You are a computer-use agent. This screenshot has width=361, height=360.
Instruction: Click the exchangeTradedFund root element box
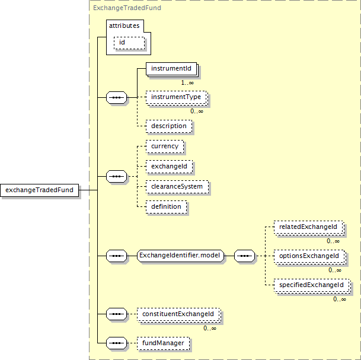click(x=39, y=190)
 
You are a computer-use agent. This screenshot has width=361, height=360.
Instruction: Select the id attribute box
click(x=129, y=43)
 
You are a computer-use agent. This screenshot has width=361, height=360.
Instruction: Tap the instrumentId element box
click(x=172, y=69)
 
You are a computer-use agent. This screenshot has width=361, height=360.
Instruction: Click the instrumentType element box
click(x=177, y=98)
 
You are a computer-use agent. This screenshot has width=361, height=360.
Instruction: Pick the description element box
click(x=169, y=126)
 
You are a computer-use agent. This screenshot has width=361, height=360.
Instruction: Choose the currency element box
click(x=165, y=146)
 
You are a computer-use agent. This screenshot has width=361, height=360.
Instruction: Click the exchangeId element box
click(x=169, y=167)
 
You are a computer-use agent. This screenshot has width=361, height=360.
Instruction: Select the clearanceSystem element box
click(x=177, y=187)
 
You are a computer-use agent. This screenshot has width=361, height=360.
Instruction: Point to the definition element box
click(x=166, y=207)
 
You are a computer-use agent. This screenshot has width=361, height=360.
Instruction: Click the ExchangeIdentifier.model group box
click(x=180, y=256)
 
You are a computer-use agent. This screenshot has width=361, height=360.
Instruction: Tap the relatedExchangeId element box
click(x=309, y=228)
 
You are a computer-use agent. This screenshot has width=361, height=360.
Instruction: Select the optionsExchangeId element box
click(x=310, y=257)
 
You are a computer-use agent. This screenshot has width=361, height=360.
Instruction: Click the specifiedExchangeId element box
click(x=312, y=286)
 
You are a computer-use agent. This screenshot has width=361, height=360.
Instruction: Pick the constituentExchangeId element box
click(x=179, y=315)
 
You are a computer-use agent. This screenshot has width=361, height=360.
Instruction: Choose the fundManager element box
click(x=163, y=343)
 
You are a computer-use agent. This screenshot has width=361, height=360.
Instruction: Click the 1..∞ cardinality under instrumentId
click(x=187, y=82)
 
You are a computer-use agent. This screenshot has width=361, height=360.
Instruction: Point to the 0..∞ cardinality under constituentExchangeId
click(x=210, y=328)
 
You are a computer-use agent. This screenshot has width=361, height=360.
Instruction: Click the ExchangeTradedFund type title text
click(x=127, y=8)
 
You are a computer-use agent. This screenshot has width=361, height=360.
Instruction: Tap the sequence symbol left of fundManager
click(x=117, y=343)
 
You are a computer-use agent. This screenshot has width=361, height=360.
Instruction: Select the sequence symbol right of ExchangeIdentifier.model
click(x=244, y=256)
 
